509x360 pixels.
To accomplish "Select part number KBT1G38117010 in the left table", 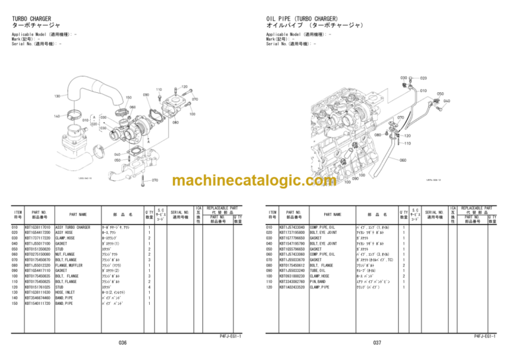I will tap(37, 227).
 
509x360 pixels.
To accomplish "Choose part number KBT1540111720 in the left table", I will tap(37, 302).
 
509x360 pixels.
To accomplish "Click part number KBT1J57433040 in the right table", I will tap(292, 227).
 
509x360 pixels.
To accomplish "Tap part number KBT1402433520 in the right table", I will tap(292, 286).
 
